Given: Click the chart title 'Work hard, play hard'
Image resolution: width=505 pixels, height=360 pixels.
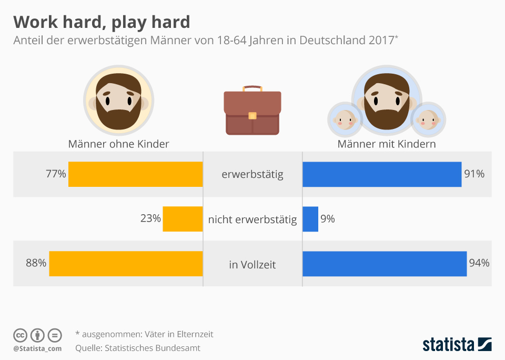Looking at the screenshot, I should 102,22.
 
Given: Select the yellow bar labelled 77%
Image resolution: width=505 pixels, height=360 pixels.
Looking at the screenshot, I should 135,174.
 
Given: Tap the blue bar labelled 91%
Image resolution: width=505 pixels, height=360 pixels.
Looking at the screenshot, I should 382,174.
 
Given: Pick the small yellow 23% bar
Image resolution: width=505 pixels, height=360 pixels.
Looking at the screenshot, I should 183,219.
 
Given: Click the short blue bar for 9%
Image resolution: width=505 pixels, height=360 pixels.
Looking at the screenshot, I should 310,219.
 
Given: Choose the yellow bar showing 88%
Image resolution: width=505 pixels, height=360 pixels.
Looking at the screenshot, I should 126,264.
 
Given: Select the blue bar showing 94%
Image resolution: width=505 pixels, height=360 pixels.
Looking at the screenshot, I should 385,264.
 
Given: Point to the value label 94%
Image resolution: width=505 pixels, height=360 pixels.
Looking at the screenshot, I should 479,263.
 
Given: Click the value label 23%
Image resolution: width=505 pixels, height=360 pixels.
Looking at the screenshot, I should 150,218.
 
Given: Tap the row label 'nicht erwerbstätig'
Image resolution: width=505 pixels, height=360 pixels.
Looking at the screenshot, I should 252,219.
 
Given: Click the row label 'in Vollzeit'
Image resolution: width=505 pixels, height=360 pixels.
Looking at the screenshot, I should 252,265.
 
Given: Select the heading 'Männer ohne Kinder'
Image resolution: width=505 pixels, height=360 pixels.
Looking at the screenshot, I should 118,144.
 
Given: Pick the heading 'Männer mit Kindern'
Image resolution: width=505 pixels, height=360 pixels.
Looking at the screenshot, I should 387,144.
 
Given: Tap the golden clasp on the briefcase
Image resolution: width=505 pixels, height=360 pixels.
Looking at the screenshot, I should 252,115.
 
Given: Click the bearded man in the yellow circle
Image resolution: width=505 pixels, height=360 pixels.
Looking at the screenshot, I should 118,101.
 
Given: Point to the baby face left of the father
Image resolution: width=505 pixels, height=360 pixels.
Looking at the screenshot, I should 344,119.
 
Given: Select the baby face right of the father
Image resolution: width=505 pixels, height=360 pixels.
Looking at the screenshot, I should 428,119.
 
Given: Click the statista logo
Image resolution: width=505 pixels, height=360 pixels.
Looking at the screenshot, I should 457,345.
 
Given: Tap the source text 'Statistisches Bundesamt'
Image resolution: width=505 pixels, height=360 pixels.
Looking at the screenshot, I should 153,348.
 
